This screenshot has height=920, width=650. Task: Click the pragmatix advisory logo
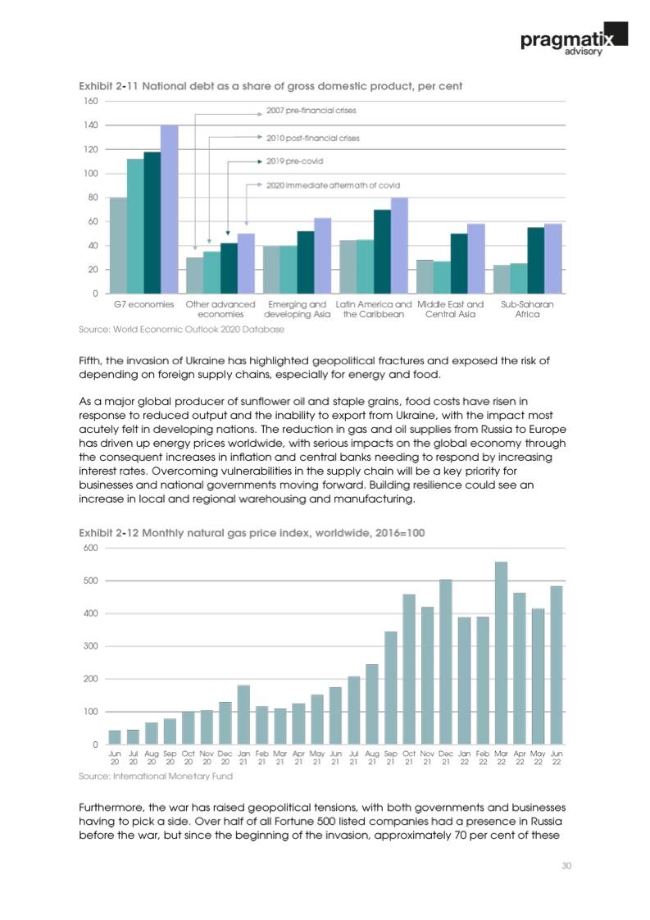click(x=573, y=39)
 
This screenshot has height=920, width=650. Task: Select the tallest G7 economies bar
click(x=169, y=209)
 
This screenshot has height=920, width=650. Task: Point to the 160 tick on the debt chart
click(x=91, y=101)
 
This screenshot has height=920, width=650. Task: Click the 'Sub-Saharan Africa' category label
click(x=527, y=309)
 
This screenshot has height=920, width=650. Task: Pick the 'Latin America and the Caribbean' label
click(x=374, y=309)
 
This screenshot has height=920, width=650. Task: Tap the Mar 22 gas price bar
click(x=501, y=653)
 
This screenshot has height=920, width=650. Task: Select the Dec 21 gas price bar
click(x=446, y=662)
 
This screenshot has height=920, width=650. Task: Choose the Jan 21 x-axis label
click(x=243, y=757)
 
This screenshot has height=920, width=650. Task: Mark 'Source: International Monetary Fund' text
click(x=156, y=776)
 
